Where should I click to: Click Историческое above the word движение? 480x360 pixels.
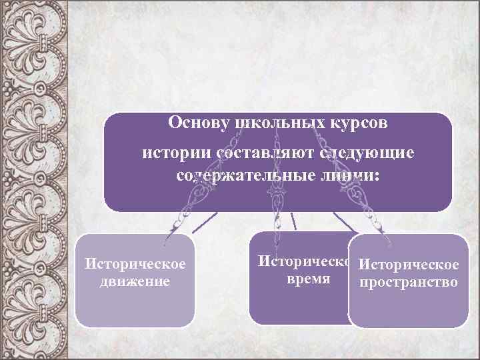tap(135, 265)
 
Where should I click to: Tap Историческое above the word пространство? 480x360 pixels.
tap(408, 266)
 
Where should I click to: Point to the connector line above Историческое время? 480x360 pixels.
tap(293, 220)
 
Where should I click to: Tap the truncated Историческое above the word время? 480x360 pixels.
tap(303, 262)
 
